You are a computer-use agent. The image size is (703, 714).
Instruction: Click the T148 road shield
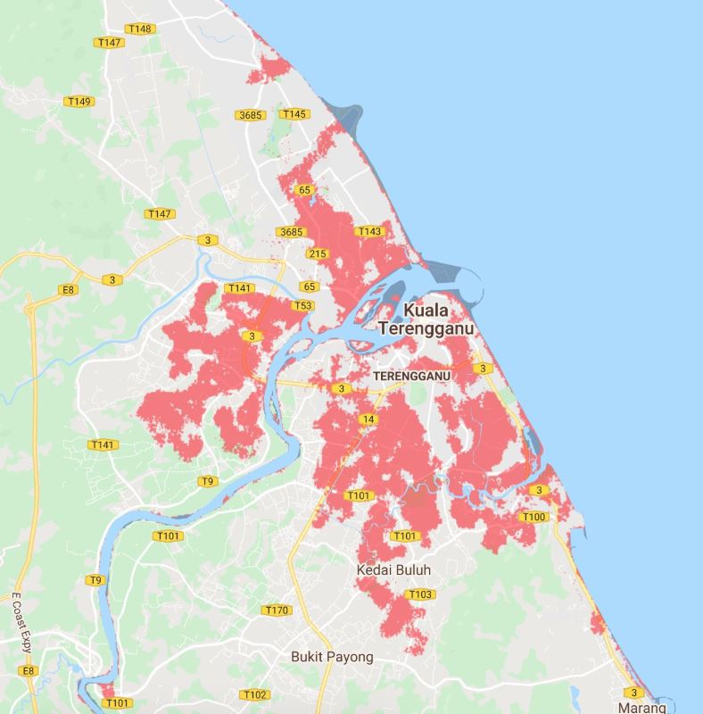[x=140, y=29]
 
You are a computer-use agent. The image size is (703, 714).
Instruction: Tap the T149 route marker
[x=79, y=102]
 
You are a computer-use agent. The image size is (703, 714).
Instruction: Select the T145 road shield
[x=294, y=113]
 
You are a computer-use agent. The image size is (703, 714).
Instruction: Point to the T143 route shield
[x=369, y=232]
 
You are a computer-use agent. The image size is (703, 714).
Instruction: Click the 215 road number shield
[x=317, y=253]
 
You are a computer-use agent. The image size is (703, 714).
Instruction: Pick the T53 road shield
[x=303, y=306]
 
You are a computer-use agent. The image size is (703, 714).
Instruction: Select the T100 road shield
[x=533, y=517]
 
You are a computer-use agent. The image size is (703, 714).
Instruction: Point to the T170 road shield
[x=277, y=610]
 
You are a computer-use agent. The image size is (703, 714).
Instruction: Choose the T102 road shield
[x=254, y=694]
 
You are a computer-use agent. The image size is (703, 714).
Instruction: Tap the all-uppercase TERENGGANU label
[x=412, y=376]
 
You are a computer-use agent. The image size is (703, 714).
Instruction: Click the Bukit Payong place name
[x=332, y=656]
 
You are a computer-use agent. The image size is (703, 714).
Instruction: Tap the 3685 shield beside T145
[x=251, y=115]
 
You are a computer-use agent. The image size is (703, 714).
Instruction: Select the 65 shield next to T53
[x=310, y=286]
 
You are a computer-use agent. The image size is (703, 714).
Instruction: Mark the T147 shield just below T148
[x=111, y=43]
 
